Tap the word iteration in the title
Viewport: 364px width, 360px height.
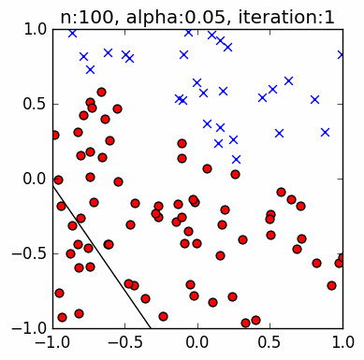pyautogui.click(x=264, y=12)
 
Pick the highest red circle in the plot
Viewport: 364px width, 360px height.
pyautogui.click(x=101, y=93)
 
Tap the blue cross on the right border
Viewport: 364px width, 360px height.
pyautogui.click(x=342, y=54)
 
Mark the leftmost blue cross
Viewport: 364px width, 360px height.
pyautogui.click(x=72, y=33)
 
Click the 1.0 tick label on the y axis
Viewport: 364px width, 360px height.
pyautogui.click(x=36, y=29)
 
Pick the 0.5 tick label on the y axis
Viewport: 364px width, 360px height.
pyautogui.click(x=36, y=104)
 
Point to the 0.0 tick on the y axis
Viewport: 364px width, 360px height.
pyautogui.click(x=36, y=179)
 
